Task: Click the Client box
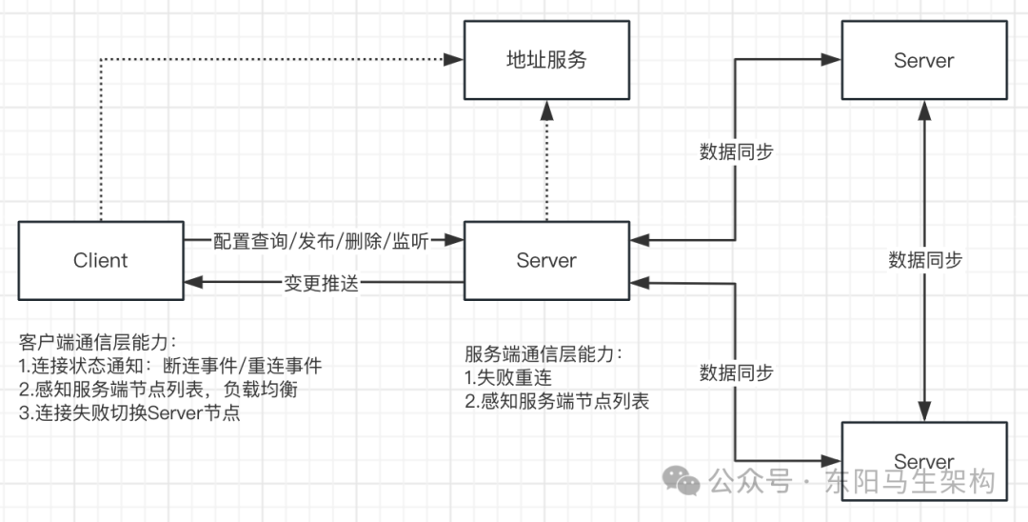point(101,260)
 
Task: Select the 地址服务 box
point(546,60)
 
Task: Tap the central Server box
point(546,260)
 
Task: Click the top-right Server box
point(923,60)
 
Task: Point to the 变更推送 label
point(322,283)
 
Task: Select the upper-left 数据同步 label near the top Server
point(736,151)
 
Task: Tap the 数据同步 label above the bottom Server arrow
point(736,372)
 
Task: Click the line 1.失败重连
point(508,378)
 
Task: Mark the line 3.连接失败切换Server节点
point(128,413)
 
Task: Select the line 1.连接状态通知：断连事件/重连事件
point(170,366)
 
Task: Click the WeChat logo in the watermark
point(682,480)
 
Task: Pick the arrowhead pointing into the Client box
point(190,283)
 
